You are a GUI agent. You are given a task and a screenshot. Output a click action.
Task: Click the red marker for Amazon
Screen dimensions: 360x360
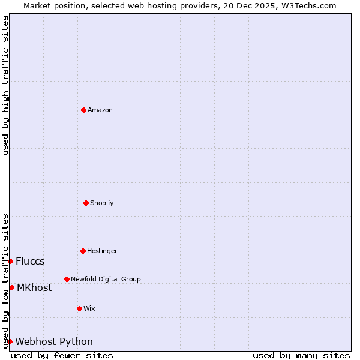[83, 110]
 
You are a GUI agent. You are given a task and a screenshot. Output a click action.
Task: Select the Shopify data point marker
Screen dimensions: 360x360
[86, 203]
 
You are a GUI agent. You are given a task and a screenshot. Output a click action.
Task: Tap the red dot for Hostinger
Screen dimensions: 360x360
[83, 251]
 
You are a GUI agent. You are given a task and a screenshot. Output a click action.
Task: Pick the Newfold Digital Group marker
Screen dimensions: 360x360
[67, 279]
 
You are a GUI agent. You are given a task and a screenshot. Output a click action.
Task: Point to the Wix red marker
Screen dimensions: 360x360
[79, 308]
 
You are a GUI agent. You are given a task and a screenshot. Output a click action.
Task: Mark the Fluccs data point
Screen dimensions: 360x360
[10, 261]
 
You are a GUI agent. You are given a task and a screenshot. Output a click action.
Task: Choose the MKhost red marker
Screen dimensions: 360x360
[11, 287]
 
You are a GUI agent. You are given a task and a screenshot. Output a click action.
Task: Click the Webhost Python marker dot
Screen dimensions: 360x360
[10, 341]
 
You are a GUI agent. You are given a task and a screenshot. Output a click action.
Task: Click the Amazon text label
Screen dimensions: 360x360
[100, 110]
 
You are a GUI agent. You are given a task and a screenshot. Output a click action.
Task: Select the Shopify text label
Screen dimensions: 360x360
[102, 203]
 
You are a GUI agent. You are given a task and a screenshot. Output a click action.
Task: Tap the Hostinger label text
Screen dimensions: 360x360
[102, 251]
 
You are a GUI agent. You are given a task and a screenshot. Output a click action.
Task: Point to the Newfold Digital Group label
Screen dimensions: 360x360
[106, 279]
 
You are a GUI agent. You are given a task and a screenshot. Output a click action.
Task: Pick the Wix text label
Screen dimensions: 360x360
[89, 308]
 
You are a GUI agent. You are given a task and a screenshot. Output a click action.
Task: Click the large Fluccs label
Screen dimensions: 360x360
[30, 261]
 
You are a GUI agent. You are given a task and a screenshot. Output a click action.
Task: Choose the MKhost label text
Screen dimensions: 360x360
[34, 287]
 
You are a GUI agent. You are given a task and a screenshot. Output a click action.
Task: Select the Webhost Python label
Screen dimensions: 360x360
[54, 341]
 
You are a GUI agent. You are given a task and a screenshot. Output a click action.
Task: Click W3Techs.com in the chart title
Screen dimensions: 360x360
[310, 5]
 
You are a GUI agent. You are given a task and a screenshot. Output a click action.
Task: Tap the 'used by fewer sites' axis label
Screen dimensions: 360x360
[62, 355]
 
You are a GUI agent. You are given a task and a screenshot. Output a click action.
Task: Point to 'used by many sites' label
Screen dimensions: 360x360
[301, 355]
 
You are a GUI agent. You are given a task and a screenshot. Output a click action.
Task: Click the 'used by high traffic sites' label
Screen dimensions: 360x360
[5, 86]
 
